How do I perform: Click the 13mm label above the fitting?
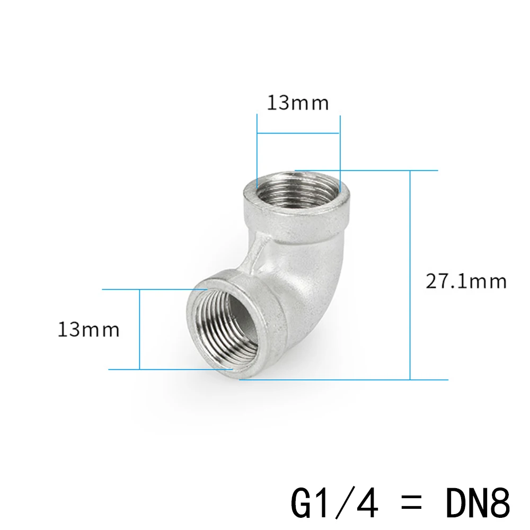pos(297,102)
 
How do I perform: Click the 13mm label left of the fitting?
pos(89,330)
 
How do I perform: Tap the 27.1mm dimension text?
pos(466,280)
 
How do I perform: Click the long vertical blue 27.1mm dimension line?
pos(410,276)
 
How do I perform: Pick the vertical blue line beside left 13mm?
pos(139,329)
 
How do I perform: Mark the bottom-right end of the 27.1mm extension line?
pos(445,379)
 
